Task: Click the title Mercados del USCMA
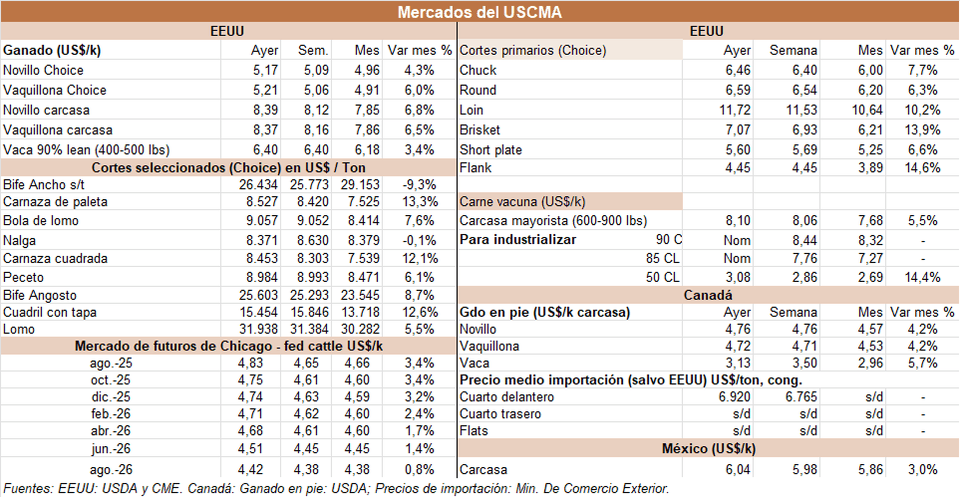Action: (479, 12)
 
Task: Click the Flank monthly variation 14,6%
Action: (917, 168)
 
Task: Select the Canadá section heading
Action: (707, 296)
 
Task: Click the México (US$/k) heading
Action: (707, 450)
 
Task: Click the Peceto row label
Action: (24, 277)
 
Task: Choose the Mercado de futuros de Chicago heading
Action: (228, 346)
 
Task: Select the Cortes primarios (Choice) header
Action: (532, 51)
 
